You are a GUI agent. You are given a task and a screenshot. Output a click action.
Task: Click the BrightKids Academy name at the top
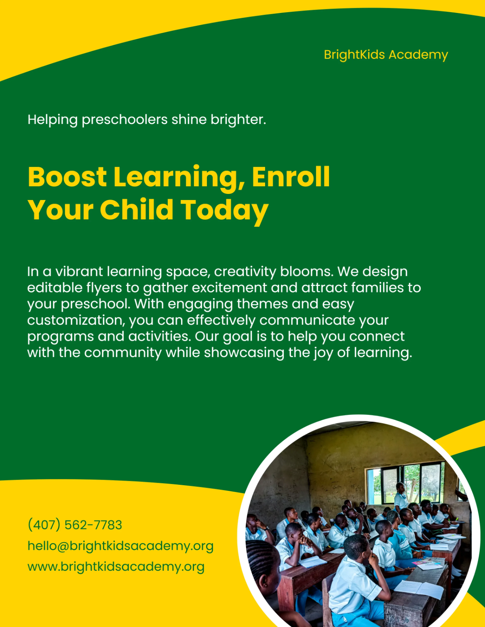pyautogui.click(x=386, y=55)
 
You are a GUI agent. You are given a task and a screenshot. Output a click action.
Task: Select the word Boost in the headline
pyautogui.click(x=67, y=177)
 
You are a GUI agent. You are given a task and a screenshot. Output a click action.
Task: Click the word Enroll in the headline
pyautogui.click(x=291, y=177)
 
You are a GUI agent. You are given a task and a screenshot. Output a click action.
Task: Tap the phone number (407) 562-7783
pyautogui.click(x=75, y=525)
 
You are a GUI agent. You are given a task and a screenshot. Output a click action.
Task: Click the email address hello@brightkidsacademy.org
pyautogui.click(x=120, y=546)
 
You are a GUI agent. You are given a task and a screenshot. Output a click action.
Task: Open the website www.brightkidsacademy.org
pyautogui.click(x=116, y=567)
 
